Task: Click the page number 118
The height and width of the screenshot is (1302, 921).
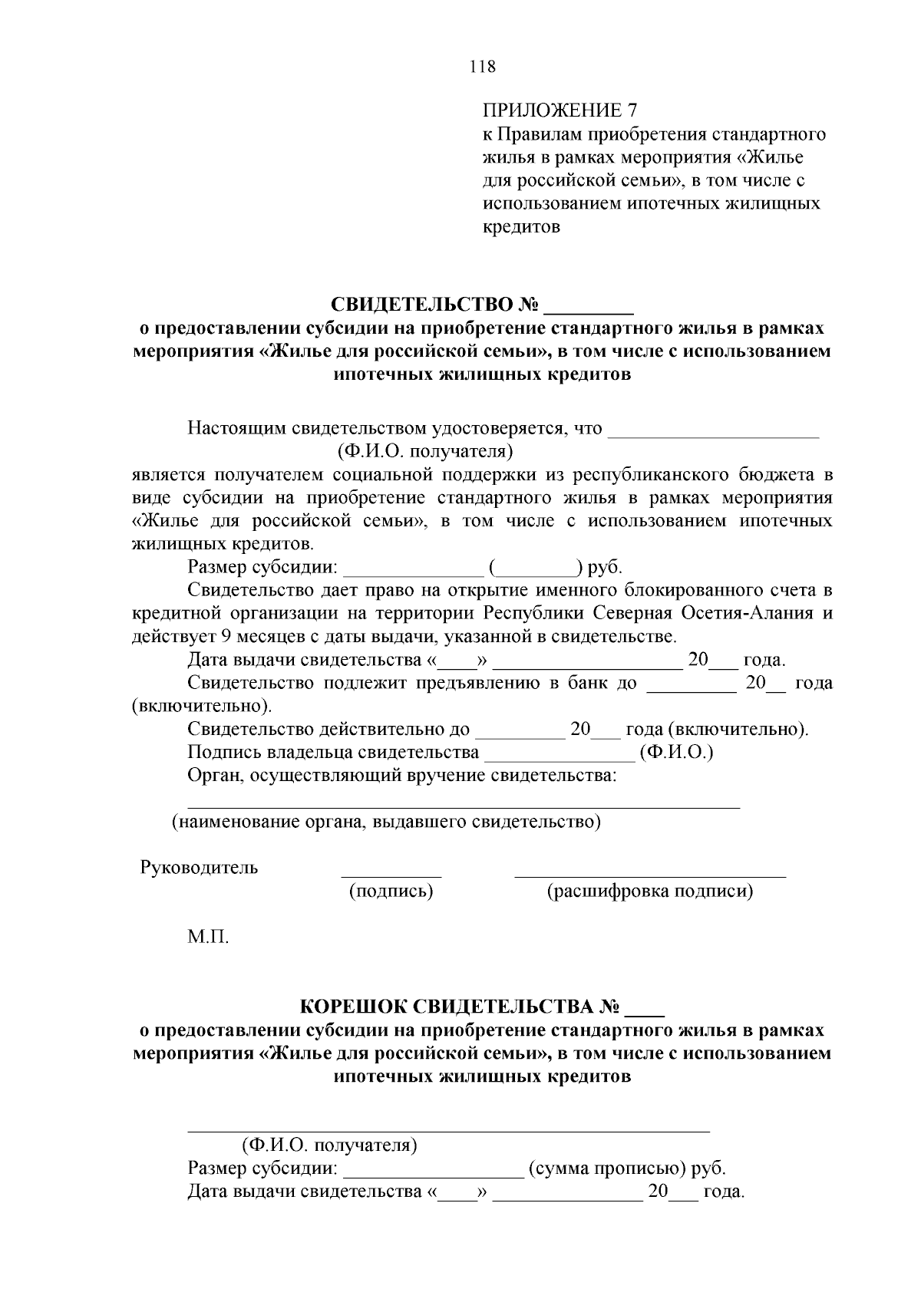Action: pyautogui.click(x=483, y=66)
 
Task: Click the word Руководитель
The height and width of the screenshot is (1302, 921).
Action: pyautogui.click(x=200, y=868)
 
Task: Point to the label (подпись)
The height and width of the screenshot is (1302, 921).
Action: pyautogui.click(x=391, y=891)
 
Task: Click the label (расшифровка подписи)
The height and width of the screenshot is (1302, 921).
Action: pyautogui.click(x=649, y=891)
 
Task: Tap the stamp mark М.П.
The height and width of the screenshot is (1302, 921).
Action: pyautogui.click(x=209, y=938)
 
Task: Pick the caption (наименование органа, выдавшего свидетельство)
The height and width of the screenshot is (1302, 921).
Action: pyautogui.click(x=386, y=822)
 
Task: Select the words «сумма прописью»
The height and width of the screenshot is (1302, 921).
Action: pyautogui.click(x=605, y=1169)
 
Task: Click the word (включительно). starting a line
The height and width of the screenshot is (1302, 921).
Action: pyautogui.click(x=201, y=705)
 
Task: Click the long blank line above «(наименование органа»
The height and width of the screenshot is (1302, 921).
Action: pyautogui.click(x=464, y=806)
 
